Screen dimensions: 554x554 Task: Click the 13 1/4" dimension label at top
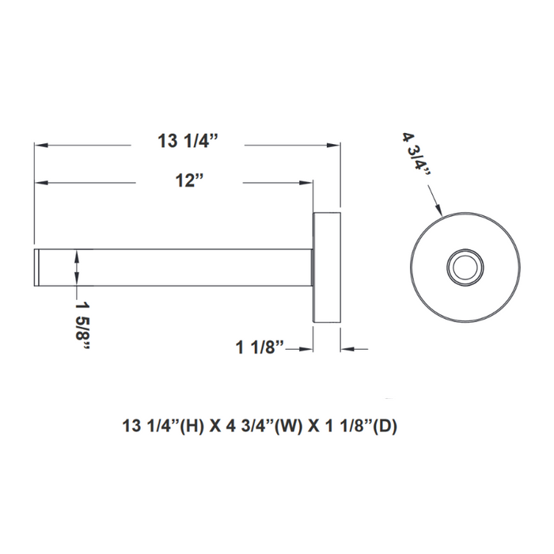[x=188, y=142]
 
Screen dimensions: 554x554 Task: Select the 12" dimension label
[x=190, y=181]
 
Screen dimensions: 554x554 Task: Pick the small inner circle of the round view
[x=465, y=267]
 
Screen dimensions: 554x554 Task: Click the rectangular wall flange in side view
[x=328, y=267]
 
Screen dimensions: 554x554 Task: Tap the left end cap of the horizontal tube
[x=36, y=267]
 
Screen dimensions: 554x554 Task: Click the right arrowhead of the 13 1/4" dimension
[x=335, y=145]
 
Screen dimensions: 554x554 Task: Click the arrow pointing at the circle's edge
[x=437, y=206]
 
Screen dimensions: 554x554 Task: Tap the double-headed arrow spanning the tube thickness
[x=77, y=267]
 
